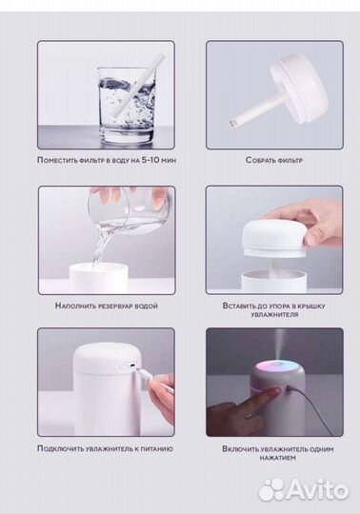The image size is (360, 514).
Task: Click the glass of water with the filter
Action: (127, 105)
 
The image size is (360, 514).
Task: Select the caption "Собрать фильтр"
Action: (274, 160)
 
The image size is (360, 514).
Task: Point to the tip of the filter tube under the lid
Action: (232, 125)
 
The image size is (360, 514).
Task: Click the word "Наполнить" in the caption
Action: (75, 306)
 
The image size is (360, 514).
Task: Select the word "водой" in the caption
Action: (147, 306)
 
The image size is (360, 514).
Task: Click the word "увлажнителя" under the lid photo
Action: (274, 315)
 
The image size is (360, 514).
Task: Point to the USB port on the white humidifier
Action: (132, 366)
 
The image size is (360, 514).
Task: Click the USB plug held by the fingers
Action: (141, 374)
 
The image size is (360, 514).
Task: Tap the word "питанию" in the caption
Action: (157, 448)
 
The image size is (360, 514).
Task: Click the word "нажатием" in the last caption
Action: (277, 458)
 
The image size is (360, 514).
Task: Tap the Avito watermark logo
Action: (303, 490)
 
